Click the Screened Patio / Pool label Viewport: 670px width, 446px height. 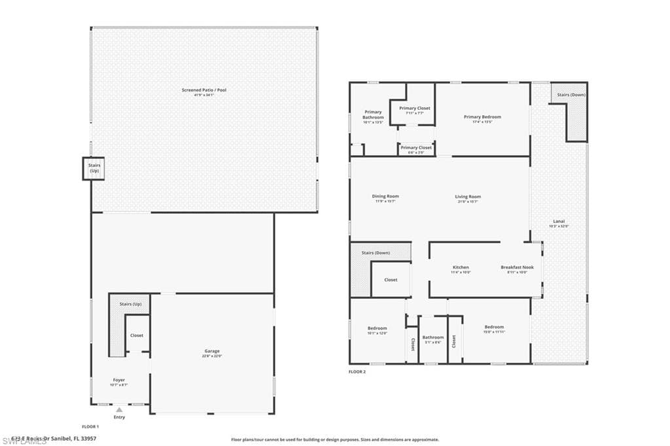click(x=203, y=90)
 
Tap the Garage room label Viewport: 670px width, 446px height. click(x=212, y=351)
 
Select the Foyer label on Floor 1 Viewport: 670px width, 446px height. click(x=119, y=380)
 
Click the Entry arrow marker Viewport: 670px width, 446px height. click(x=119, y=410)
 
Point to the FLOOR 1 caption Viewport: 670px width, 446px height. click(x=90, y=426)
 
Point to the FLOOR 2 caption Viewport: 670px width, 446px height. click(x=357, y=371)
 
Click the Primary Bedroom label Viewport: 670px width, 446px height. click(x=482, y=117)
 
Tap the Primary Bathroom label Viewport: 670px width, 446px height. click(x=373, y=114)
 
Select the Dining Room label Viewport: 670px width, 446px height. click(x=385, y=196)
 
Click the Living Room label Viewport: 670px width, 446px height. click(x=468, y=197)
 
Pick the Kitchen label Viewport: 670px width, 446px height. click(x=461, y=267)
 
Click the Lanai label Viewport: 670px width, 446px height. click(x=559, y=222)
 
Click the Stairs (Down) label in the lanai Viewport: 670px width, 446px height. click(x=571, y=95)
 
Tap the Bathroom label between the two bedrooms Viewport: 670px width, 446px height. click(x=432, y=338)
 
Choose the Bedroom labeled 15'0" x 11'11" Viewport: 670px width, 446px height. click(x=494, y=328)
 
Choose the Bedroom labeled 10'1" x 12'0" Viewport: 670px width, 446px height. click(x=377, y=328)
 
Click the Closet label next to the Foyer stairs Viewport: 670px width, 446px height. click(x=137, y=335)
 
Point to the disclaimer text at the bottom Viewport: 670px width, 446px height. click(x=334, y=440)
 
